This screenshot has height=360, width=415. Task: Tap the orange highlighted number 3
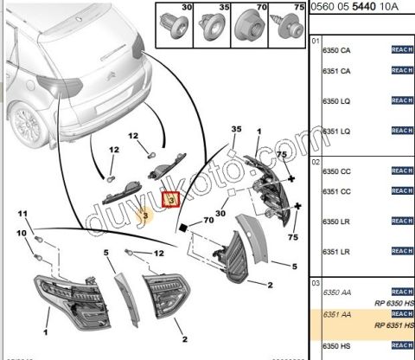click(x=145, y=214)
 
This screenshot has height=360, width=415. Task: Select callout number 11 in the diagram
click(x=24, y=214)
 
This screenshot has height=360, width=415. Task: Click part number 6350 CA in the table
click(x=336, y=51)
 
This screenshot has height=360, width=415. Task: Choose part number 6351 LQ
click(x=336, y=131)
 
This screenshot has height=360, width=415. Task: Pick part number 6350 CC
click(x=336, y=171)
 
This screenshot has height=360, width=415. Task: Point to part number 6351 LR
click(x=336, y=251)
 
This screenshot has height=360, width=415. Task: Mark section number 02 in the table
click(x=316, y=161)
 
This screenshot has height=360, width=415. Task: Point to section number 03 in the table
click(x=316, y=281)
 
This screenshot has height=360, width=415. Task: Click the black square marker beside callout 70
click(x=183, y=228)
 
